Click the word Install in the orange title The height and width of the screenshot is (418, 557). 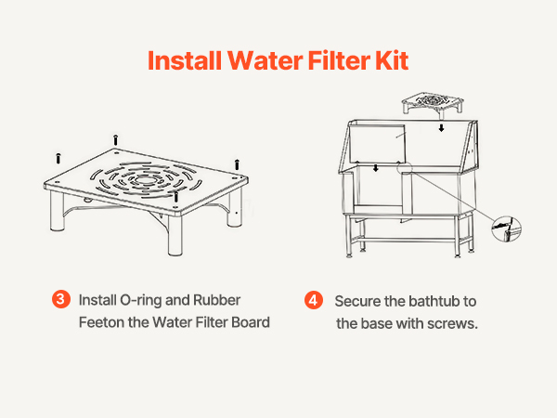(x=185, y=60)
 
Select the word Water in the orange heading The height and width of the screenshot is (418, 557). (x=266, y=60)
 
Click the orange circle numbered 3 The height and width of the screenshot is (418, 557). (x=60, y=299)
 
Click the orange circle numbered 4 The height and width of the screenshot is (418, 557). (x=314, y=300)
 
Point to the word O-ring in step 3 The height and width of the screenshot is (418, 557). (x=141, y=301)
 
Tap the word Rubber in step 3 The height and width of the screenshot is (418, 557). (x=216, y=300)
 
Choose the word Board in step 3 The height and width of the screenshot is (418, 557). (x=251, y=322)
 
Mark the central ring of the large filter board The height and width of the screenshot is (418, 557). (x=145, y=180)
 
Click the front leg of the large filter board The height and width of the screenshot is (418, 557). (x=175, y=235)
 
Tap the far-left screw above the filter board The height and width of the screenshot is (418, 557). (x=58, y=158)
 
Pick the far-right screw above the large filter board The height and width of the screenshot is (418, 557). (x=237, y=164)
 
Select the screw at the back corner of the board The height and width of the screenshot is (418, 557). (x=115, y=139)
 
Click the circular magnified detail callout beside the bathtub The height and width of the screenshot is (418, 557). (x=507, y=229)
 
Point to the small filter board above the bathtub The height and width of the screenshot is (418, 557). (x=433, y=103)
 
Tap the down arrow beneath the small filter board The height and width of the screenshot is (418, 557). (x=441, y=128)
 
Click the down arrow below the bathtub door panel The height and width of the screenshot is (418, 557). (x=376, y=168)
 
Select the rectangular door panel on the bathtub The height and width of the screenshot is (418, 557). (x=377, y=144)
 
